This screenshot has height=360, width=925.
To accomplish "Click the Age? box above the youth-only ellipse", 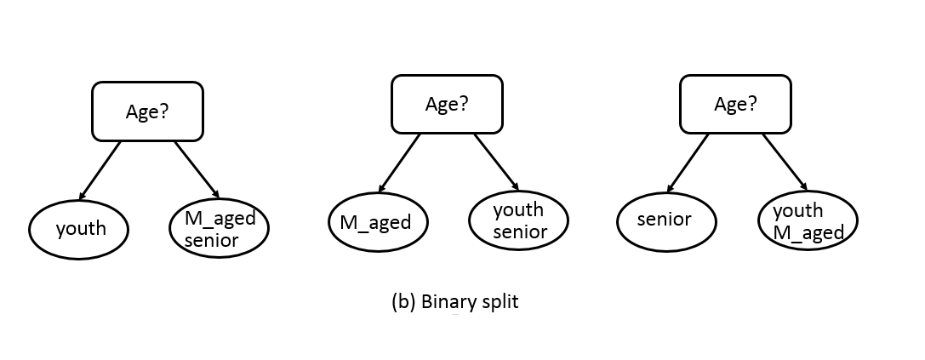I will coord(147,111).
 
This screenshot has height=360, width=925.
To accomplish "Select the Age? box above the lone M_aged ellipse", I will coord(446,104).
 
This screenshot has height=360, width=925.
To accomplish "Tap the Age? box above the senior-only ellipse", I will coord(735,104).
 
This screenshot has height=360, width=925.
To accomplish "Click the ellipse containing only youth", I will coord(80,228).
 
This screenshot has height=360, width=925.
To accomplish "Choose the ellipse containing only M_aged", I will coord(378,223).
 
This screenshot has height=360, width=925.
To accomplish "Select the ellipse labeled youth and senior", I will coord(519,220).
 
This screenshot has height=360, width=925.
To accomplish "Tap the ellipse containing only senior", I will coord(665,220).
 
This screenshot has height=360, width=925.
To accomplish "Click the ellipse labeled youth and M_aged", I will coord(808,221).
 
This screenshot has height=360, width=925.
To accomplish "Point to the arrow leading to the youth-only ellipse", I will coord(100,169).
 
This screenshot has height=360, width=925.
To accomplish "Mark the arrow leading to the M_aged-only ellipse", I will coord(399,163).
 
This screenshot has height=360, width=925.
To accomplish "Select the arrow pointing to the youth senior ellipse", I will coord(496,162).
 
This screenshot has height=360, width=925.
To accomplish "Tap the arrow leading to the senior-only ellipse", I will coord(688,162).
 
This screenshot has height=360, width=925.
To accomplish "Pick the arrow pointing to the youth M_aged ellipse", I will coord(785,162).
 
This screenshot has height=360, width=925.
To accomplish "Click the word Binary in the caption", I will coord(445,302).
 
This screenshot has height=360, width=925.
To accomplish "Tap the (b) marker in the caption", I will coord(402,302).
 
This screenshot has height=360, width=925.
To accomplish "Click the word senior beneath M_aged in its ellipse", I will coord(212,240).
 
